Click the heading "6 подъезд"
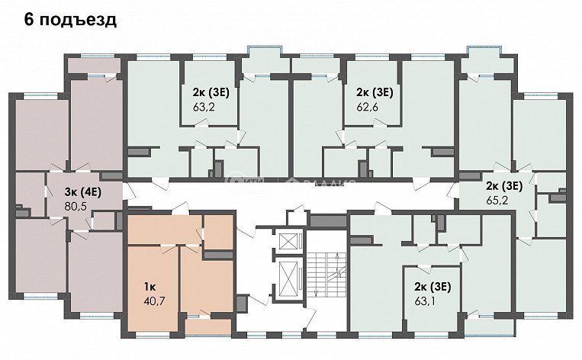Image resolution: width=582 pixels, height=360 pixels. click(70, 20)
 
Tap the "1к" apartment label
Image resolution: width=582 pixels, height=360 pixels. click(150, 286)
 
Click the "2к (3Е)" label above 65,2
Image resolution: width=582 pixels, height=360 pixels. click(504, 185)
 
